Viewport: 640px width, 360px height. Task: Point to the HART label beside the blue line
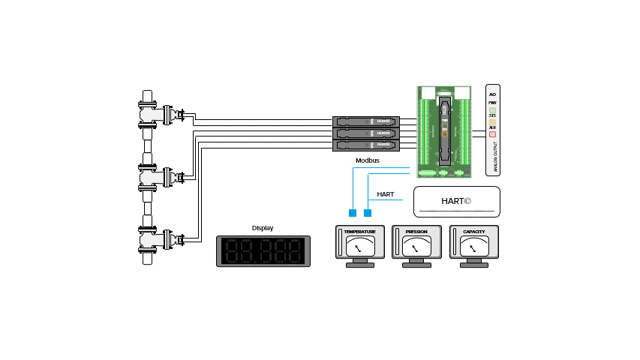tap(385, 194)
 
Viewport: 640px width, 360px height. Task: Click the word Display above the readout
tap(263, 228)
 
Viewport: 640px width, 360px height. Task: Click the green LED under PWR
tap(492, 110)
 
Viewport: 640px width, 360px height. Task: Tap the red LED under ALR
tap(492, 135)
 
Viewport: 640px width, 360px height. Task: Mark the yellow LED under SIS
tap(492, 122)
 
